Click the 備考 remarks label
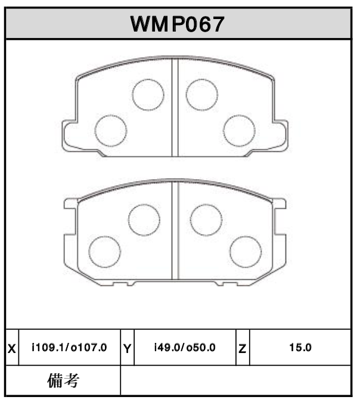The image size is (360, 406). point(63,380)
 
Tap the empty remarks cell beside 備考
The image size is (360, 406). point(235,380)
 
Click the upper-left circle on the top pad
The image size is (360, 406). point(148,95)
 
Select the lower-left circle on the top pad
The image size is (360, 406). point(111,130)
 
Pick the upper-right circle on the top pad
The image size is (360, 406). point(201,93)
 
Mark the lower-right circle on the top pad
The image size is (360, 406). point(239,130)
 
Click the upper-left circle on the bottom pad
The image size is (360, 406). point(144,219)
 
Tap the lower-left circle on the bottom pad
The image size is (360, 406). point(104,251)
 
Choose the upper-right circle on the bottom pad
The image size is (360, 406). point(206,219)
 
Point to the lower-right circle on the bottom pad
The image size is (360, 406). point(246,251)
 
